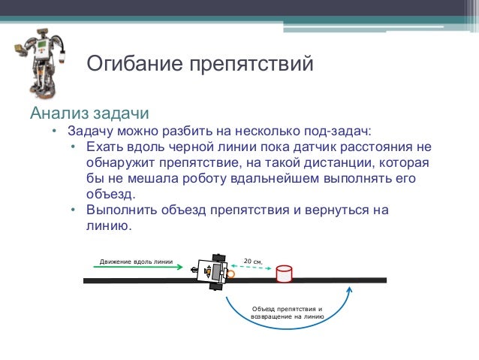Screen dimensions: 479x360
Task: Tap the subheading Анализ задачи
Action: [89, 114]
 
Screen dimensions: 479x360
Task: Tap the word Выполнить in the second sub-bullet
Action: [121, 210]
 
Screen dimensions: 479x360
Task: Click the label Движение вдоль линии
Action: [136, 262]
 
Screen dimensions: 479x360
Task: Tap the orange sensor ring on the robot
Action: [230, 274]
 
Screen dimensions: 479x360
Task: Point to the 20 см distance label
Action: [253, 260]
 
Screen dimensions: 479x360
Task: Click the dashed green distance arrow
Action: [252, 267]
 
